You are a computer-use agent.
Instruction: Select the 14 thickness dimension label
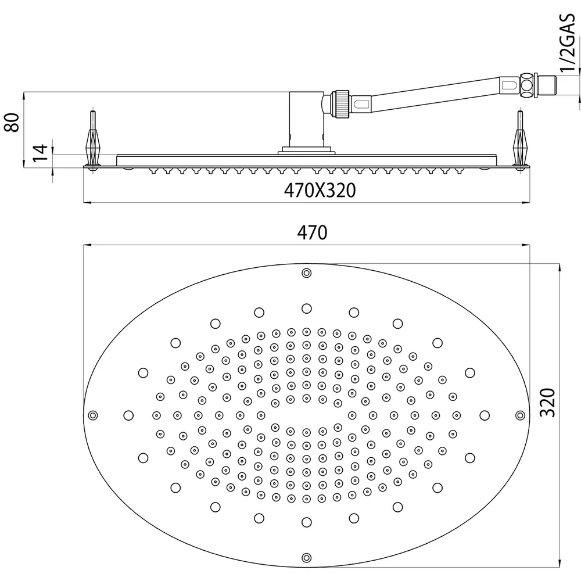pos(41,152)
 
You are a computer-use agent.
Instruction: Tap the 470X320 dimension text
pos(320,191)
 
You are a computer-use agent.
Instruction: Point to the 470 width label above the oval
pos(312,233)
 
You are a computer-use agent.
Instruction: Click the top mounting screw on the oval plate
pos(306,273)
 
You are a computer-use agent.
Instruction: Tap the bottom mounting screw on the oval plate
pos(306,558)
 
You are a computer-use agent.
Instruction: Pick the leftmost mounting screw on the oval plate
pos(92,415)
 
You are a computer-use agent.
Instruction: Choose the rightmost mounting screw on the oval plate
pos(520,415)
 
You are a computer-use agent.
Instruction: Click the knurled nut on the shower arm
pos(342,104)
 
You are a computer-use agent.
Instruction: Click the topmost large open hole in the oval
pos(306,309)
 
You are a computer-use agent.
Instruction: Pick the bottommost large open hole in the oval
pos(306,522)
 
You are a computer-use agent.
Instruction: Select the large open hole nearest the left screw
pos(128,415)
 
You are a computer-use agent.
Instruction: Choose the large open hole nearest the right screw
pos(485,415)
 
